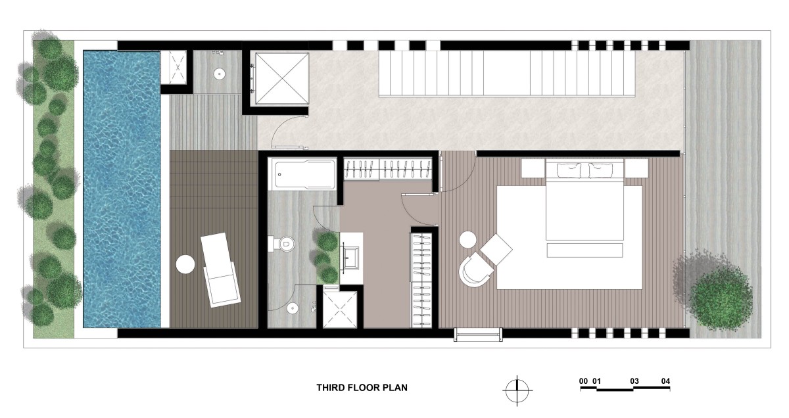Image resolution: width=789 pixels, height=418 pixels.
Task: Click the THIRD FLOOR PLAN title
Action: (362, 388)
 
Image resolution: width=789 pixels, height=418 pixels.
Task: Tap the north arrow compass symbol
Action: (517, 390)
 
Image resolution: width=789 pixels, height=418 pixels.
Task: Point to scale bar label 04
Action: (665, 381)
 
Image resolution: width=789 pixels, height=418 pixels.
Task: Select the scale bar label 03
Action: (634, 381)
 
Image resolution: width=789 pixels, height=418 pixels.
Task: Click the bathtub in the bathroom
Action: (302, 175)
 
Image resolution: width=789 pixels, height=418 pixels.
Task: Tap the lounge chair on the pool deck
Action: (221, 269)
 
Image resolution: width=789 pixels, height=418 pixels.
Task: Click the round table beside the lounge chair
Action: (185, 264)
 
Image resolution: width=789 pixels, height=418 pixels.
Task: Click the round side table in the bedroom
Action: (468, 240)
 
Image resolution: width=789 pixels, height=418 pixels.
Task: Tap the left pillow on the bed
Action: (569, 170)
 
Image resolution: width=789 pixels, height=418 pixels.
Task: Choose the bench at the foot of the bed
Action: (585, 250)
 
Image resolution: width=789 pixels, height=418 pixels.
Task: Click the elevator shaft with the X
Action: (281, 78)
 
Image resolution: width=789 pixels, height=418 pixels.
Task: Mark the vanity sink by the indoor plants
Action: (351, 253)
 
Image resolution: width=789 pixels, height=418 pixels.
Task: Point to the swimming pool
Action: (122, 189)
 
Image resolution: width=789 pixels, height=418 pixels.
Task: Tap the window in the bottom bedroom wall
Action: (478, 334)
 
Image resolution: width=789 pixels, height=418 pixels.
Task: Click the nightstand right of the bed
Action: (636, 168)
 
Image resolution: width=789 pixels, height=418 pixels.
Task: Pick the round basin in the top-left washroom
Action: (220, 74)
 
